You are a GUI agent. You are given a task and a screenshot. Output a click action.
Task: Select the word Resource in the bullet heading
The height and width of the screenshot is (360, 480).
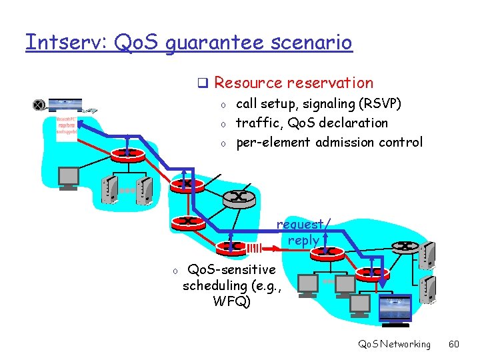tap(248, 83)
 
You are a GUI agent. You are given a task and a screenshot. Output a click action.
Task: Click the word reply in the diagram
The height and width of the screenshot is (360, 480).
tap(303, 240)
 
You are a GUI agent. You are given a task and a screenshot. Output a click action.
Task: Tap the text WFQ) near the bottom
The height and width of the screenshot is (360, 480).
tap(231, 301)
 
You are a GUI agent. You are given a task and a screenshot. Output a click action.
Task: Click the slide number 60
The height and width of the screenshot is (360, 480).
tap(454, 344)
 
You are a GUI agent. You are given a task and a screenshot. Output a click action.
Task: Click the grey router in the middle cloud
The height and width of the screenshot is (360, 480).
tap(239, 197)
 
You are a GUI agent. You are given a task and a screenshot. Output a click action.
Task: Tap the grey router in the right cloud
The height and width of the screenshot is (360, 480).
tap(405, 245)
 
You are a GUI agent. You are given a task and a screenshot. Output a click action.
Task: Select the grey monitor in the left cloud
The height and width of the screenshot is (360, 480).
tap(69, 177)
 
